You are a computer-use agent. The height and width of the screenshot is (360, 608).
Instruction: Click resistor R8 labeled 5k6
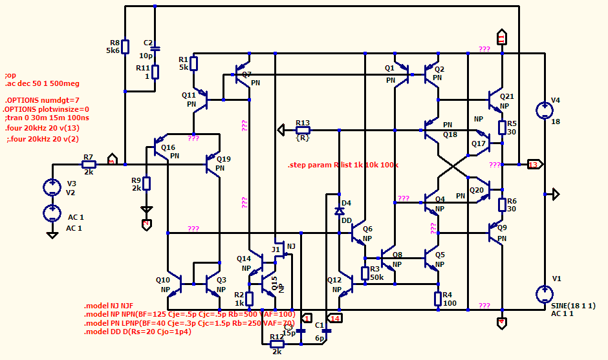tap(125, 47)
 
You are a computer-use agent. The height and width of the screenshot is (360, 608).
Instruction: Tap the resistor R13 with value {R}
tap(303, 130)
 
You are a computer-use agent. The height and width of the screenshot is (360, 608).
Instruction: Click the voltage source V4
tap(544, 111)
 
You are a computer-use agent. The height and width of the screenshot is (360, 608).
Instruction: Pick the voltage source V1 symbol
tap(544, 294)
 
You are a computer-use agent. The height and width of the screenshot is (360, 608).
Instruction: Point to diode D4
tap(339, 211)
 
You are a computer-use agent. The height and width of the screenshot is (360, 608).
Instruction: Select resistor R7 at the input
tap(89, 165)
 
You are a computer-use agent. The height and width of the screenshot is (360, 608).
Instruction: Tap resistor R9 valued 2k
tap(146, 184)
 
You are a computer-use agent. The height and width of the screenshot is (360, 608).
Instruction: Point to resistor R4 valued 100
tap(438, 298)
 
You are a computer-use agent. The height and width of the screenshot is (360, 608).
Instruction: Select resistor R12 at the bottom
tap(276, 344)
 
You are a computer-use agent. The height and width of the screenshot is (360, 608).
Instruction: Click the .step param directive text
tap(343, 165)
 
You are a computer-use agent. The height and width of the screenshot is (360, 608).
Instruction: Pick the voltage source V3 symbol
tap(52, 187)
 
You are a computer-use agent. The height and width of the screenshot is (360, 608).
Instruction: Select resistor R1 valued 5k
tap(193, 63)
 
